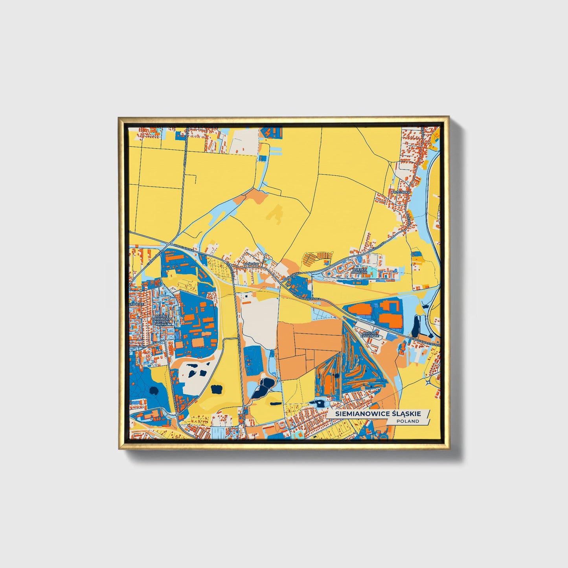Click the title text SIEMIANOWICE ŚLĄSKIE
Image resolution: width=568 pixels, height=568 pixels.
(378, 414)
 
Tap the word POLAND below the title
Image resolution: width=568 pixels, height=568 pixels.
(408, 421)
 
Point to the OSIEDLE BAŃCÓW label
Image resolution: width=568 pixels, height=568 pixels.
(359, 270)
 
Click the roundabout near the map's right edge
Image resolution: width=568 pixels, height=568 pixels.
(428, 381)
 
